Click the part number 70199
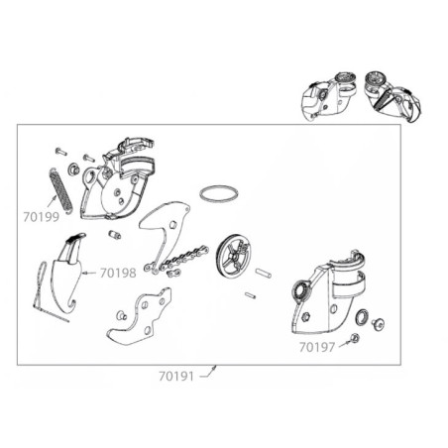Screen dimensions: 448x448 (x=42, y=217)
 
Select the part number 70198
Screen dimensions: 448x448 (x=118, y=273)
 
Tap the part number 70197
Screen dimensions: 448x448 (x=317, y=347)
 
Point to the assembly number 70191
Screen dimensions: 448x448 (x=176, y=376)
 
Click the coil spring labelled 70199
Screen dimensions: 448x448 (x=60, y=191)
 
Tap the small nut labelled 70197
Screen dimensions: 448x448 (x=355, y=338)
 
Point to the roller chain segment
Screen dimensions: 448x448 (x=176, y=260)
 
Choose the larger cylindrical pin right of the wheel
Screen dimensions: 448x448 (x=264, y=274)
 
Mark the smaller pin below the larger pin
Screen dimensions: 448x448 (x=251, y=295)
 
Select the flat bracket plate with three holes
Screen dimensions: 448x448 (x=139, y=317)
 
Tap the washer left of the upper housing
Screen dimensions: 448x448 (x=73, y=168)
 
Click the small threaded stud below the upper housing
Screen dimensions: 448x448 (x=115, y=235)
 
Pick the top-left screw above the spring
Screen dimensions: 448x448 (x=61, y=152)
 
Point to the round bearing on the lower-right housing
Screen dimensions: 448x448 (x=301, y=290)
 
